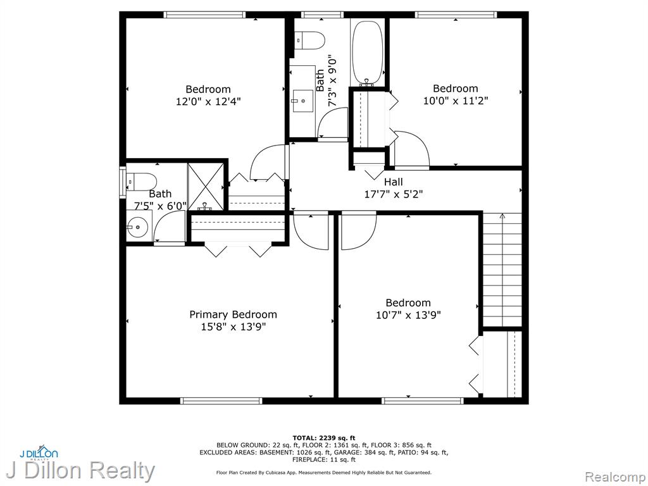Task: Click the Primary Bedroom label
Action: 233,315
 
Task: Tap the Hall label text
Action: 394,182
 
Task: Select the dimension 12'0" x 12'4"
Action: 208,101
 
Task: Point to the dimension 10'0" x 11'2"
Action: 456,101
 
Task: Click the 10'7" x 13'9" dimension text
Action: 408,315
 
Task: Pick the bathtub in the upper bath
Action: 367,52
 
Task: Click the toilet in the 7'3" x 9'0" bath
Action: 310,40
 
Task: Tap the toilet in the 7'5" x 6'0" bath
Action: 142,182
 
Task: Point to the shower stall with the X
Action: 206,187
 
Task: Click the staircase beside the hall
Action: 502,270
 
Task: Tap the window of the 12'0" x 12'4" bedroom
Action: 204,15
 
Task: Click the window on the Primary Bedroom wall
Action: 221,401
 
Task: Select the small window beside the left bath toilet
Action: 122,182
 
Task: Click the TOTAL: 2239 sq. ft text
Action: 324,438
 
